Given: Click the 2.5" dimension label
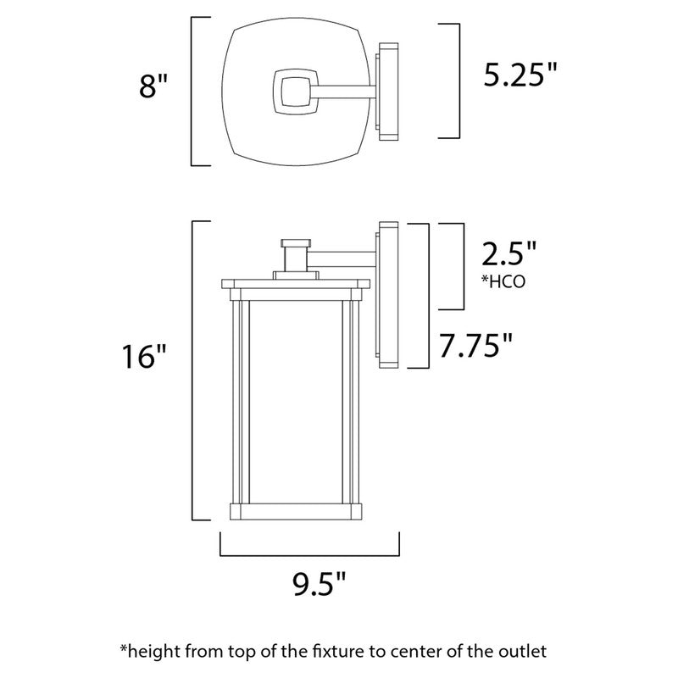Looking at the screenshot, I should (508, 254).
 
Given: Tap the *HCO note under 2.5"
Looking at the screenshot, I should (503, 282).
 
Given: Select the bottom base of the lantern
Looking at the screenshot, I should (296, 511).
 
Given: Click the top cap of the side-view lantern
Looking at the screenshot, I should (296, 284).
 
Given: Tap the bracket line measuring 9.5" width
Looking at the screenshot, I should (310, 553).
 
